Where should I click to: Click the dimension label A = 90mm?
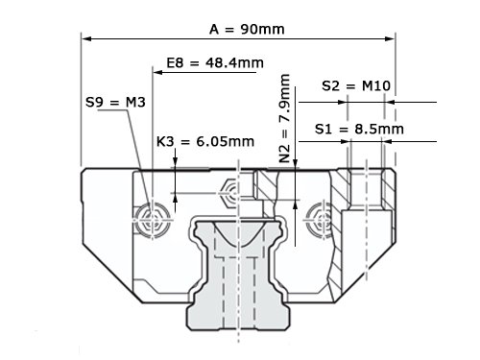(247, 30)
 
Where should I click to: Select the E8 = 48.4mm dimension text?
(215, 62)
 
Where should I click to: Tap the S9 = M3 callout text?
(115, 103)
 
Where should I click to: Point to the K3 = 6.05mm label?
(205, 141)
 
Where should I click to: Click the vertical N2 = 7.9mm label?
(284, 118)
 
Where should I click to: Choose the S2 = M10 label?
(356, 85)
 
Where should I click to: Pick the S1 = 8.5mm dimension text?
(359, 129)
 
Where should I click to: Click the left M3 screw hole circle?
(152, 220)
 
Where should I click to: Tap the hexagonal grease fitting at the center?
(229, 193)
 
